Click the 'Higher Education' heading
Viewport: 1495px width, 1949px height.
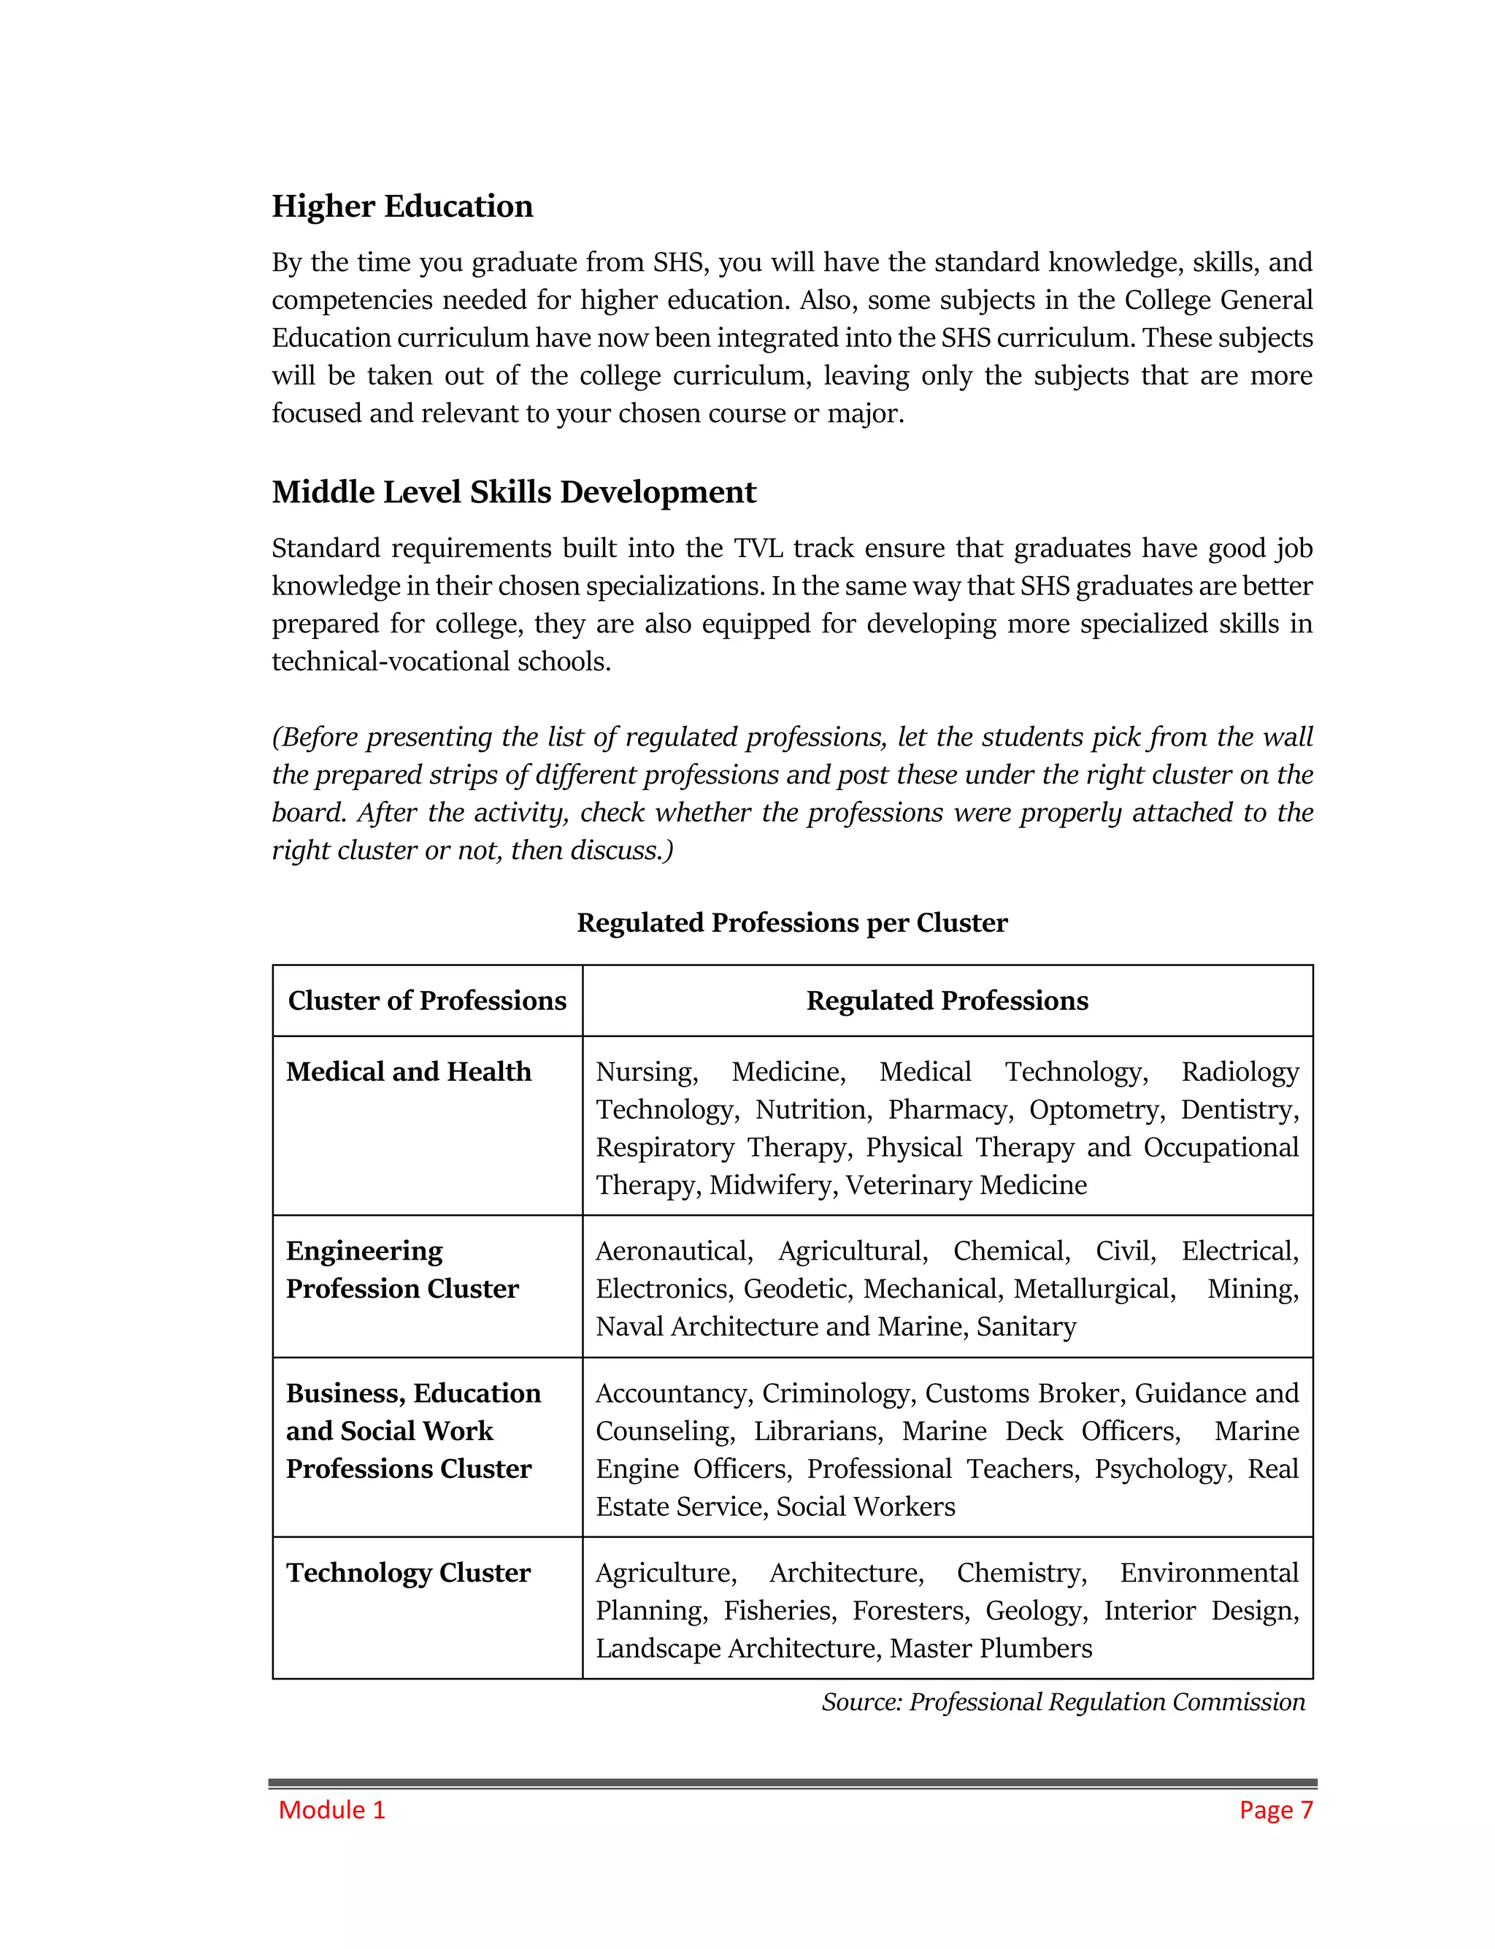(402, 207)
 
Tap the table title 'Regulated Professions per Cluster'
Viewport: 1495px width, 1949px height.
(791, 923)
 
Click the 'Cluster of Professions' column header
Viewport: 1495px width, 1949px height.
(427, 1000)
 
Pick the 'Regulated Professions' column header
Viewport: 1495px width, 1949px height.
(947, 1000)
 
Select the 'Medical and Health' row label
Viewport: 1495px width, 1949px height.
(409, 1071)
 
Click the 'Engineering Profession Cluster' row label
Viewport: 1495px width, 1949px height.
(402, 1270)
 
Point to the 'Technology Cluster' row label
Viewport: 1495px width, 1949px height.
(409, 1572)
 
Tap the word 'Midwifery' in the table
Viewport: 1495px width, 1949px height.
(772, 1185)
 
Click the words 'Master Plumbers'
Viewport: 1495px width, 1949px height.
(991, 1648)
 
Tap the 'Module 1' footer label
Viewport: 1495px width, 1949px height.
(332, 1810)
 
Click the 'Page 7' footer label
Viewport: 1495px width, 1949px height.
(1275, 1810)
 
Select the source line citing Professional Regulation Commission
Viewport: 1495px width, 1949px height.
(1063, 1701)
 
